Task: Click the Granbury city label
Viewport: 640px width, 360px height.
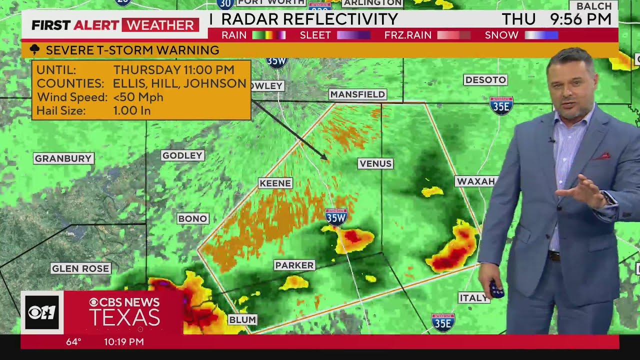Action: (63, 158)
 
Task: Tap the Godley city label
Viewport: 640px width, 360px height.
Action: (182, 155)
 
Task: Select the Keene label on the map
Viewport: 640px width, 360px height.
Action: (275, 183)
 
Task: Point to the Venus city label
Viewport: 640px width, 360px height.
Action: (375, 163)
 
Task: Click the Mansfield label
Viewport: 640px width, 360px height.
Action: (357, 94)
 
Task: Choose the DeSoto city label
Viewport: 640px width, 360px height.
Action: (485, 80)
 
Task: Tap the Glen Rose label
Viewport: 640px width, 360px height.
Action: (80, 268)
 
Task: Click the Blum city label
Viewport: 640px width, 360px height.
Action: (242, 319)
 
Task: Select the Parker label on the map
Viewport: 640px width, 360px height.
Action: (294, 265)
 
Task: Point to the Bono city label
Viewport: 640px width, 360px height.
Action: (192, 218)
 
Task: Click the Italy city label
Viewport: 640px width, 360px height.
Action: (472, 298)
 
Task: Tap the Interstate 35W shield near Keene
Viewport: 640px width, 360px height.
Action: (336, 216)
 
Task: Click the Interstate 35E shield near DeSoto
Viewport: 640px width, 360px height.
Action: (501, 105)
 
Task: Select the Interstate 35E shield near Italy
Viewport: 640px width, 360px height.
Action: (443, 322)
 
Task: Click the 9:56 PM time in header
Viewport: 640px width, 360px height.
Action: (580, 19)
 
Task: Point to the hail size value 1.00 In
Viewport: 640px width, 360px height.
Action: (132, 110)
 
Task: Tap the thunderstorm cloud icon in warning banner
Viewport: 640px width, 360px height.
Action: (34, 50)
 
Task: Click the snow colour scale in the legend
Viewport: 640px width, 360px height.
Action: (541, 35)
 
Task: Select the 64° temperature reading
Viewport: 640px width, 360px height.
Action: (73, 342)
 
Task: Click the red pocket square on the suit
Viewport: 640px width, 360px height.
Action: (602, 156)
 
